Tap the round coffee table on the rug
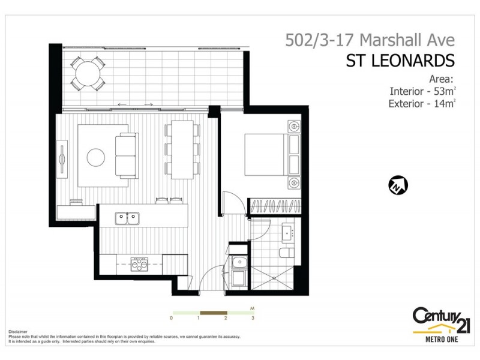[x=97, y=158]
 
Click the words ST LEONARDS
[x=400, y=61]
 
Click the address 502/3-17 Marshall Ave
[x=370, y=40]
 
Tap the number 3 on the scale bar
[x=253, y=318]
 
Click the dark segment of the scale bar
[x=213, y=313]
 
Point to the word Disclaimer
[x=19, y=331]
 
